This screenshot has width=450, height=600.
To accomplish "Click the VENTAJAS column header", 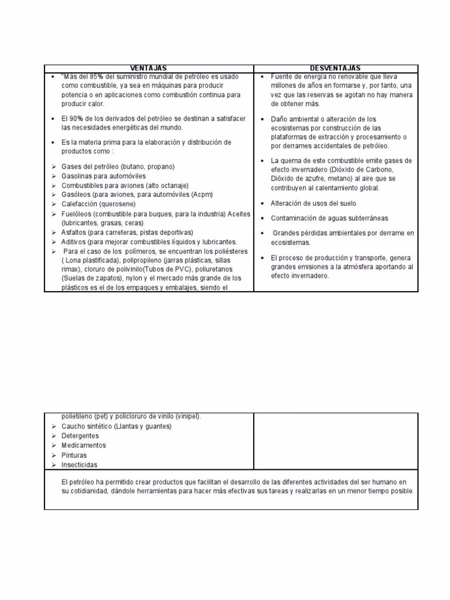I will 148,69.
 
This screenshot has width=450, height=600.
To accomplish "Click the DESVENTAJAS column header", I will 335,69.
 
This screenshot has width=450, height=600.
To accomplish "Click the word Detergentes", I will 80,436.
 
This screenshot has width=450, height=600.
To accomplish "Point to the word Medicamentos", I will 83,445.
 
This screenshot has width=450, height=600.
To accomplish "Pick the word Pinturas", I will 74,455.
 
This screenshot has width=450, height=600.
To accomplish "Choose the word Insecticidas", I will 79,465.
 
